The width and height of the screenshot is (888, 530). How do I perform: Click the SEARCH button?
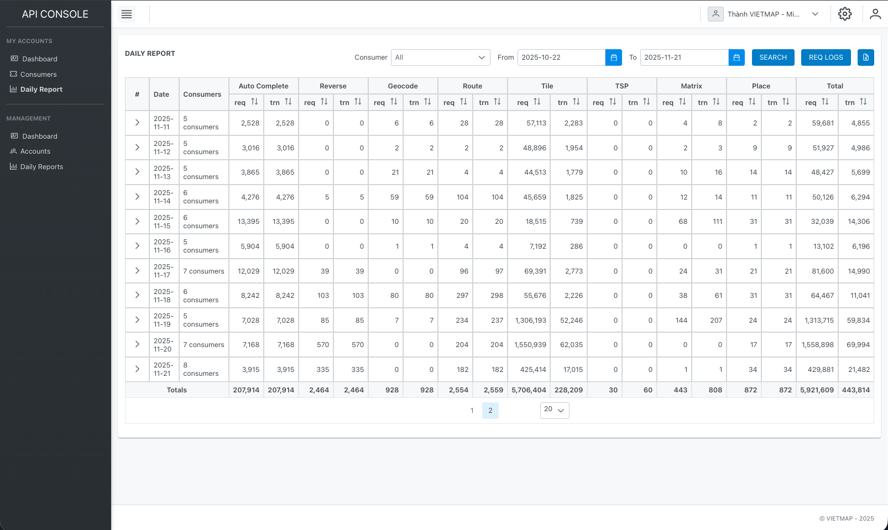coord(772,57)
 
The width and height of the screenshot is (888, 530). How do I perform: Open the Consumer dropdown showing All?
coord(440,57)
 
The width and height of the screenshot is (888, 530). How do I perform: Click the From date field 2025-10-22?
coord(561,57)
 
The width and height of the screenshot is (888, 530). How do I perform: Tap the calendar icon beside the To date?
coord(736,57)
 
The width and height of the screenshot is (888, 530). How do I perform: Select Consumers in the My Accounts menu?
coord(38,75)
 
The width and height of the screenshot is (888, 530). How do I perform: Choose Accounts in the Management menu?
coord(35,151)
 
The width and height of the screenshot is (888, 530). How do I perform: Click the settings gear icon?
coord(844,14)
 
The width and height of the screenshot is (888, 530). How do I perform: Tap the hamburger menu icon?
coord(127,14)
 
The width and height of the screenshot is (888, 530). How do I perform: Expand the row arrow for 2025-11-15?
coord(137,222)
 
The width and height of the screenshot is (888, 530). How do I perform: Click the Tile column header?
coord(547,86)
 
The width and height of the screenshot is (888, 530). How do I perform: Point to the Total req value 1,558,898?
coord(817,345)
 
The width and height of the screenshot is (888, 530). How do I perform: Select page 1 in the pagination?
coord(472,411)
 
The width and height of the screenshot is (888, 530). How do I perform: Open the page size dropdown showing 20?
coord(554,410)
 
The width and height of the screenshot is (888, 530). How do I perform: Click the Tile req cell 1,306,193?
coord(530,321)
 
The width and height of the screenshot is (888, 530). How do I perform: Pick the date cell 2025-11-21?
coord(163,369)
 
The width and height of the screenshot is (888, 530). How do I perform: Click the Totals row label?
coord(177,390)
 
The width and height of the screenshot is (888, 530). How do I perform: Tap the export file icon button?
coord(865,57)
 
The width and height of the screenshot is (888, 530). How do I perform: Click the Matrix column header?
coord(691,86)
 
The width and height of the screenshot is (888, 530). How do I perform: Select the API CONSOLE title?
coord(55,14)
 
